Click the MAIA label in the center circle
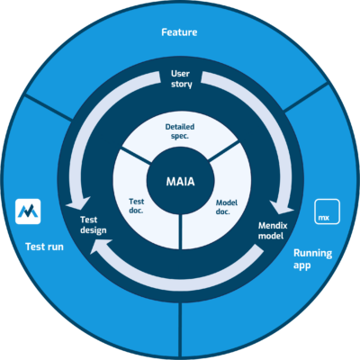pos(180,182)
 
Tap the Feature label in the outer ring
pos(179,32)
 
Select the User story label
pos(181,79)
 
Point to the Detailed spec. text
pos(180,131)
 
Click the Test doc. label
pos(137,206)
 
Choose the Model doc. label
pos(227,207)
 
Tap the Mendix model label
pos(273,230)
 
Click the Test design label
pos(94,225)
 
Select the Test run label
pos(44,247)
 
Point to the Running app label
pos(312,259)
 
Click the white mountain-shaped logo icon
pos(28,211)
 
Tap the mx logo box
pos(327,211)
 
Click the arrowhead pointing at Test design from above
pos(78,203)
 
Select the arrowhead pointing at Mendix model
pos(282,207)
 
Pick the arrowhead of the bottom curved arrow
pos(101,247)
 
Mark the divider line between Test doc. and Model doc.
pos(180,231)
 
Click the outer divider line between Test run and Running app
pos(180,330)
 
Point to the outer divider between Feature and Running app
pos(306,97)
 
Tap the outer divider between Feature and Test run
pos(49,109)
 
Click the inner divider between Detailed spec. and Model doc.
pos(223,152)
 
